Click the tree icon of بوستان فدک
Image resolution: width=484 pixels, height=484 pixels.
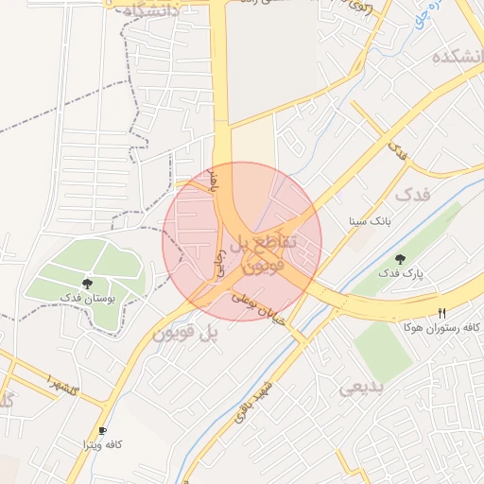click(88, 282)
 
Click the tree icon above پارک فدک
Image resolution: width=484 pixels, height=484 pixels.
click(401, 258)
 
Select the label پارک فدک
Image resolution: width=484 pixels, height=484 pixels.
click(402, 273)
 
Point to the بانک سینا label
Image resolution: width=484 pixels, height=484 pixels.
click(369, 221)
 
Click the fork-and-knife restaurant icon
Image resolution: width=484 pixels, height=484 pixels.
click(441, 313)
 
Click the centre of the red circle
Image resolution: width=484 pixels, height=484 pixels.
click(242, 241)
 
